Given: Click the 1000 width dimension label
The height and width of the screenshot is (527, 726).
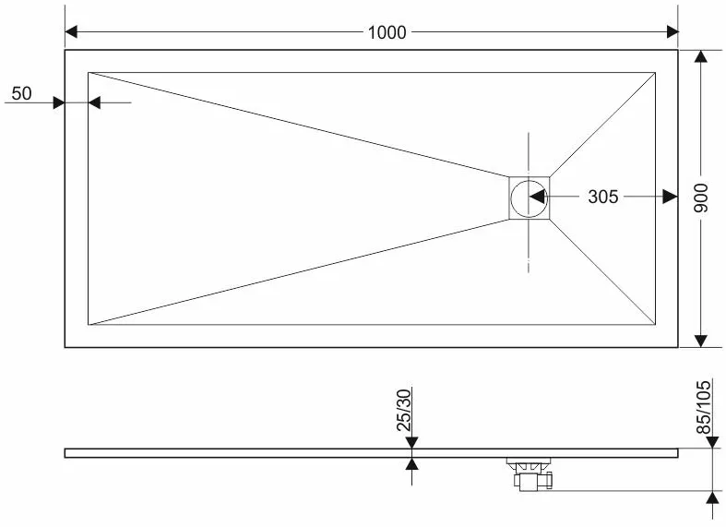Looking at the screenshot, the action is pyautogui.click(x=387, y=32).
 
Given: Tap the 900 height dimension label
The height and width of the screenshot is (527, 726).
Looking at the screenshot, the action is pyautogui.click(x=701, y=198).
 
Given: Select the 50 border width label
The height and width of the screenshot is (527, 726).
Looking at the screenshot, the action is pyautogui.click(x=21, y=93).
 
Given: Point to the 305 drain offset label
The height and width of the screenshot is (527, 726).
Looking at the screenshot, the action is pyautogui.click(x=602, y=197).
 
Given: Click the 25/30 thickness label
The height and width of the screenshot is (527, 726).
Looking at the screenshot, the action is pyautogui.click(x=404, y=411).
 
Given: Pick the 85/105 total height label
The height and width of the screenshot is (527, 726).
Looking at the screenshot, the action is pyautogui.click(x=703, y=407).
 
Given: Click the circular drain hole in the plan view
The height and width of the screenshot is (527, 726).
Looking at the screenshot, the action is pyautogui.click(x=529, y=198).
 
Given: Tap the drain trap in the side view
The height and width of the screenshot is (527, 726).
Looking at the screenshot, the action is pyautogui.click(x=530, y=473).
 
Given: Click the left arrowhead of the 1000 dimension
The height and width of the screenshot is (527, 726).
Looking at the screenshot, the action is pyautogui.click(x=71, y=32).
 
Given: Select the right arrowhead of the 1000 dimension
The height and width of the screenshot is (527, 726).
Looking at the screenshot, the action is pyautogui.click(x=672, y=32).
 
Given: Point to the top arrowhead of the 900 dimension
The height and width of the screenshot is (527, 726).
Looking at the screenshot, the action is pyautogui.click(x=701, y=56).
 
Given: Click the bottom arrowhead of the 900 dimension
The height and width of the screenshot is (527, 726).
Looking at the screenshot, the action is pyautogui.click(x=701, y=341).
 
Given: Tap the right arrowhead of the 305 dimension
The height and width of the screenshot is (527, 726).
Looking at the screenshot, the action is pyautogui.click(x=671, y=197).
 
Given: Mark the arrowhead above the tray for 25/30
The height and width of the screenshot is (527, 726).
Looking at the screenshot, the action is pyautogui.click(x=411, y=443).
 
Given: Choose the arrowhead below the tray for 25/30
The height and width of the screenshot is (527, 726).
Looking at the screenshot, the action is pyautogui.click(x=411, y=463).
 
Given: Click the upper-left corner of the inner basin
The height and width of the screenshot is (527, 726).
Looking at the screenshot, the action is pyautogui.click(x=88, y=72).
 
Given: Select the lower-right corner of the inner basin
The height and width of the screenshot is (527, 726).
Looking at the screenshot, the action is pyautogui.click(x=655, y=325).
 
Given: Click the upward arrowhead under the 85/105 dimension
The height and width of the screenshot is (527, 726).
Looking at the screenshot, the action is pyautogui.click(x=713, y=497).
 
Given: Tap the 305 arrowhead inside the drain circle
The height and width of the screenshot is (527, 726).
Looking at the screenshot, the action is pyautogui.click(x=537, y=197).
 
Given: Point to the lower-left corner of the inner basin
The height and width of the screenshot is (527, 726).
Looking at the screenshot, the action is pyautogui.click(x=88, y=325).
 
